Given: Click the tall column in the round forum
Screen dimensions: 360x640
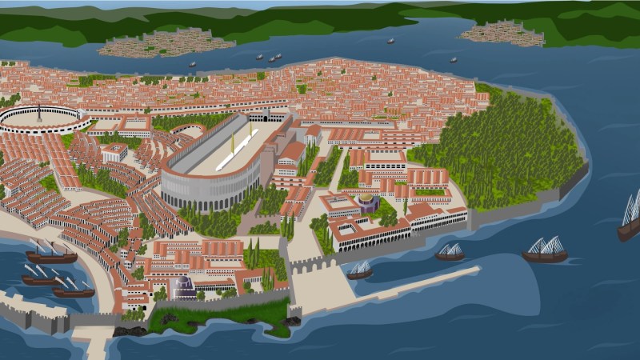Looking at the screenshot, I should [38, 113].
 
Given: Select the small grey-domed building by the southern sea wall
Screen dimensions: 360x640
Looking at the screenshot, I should [184, 286].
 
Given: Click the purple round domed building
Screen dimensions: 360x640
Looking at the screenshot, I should [367, 203].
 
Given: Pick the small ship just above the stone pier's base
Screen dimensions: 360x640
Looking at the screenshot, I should [359, 270].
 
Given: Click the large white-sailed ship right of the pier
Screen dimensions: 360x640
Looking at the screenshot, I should [545, 250].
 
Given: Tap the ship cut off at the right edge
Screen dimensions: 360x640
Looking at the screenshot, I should [630, 218].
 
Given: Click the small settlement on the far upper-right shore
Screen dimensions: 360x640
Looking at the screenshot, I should [502, 33].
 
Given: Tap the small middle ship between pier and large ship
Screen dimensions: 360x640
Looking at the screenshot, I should [450, 253].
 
